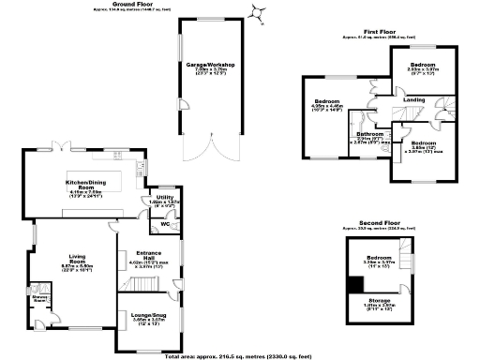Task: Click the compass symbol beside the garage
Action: tap(255, 12)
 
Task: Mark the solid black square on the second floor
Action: tap(354, 284)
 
